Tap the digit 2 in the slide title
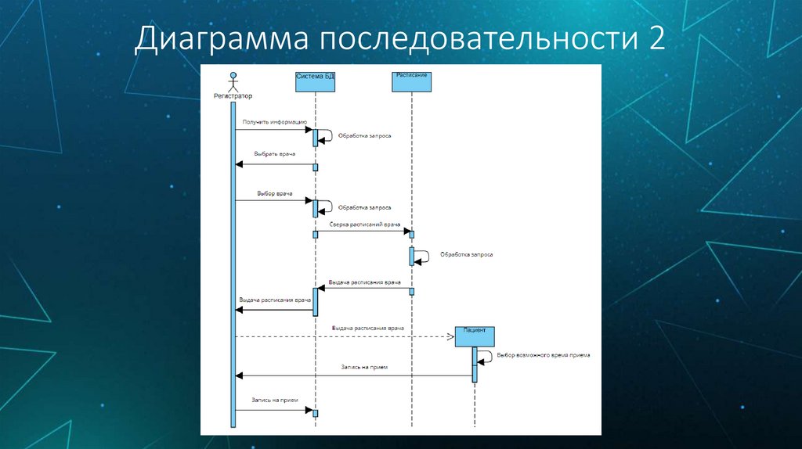655,38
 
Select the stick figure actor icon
233,81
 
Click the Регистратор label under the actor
233,96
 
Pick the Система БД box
315,82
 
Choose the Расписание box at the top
412,81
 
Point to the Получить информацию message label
274,122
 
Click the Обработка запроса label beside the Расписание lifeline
466,254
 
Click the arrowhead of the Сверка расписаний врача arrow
407,232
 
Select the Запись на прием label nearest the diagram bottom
274,400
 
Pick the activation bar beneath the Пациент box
475,364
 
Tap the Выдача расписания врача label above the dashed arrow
367,328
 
